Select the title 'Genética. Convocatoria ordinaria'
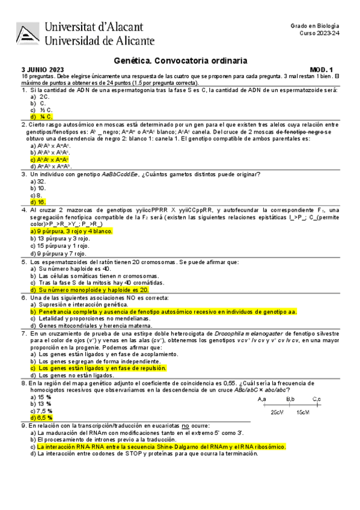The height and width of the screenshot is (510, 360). coord(180,61)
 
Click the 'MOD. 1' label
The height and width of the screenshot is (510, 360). coord(325,70)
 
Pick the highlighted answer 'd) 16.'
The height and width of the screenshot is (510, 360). coord(38,202)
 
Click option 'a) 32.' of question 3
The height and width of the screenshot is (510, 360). coord(38,181)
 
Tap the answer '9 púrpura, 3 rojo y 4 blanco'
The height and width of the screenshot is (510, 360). coord(75,231)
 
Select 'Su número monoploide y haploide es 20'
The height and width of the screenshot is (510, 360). coord(93,289)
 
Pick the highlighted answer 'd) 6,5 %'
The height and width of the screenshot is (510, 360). coord(41,417)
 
